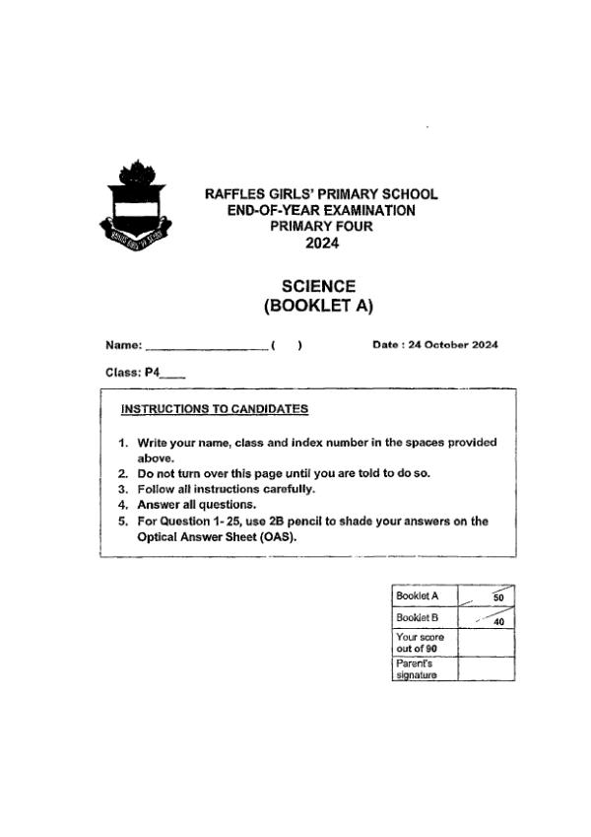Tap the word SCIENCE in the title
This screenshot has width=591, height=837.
click(x=318, y=286)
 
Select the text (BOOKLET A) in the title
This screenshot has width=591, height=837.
click(x=318, y=306)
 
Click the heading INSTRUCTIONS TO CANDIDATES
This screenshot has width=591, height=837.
click(x=214, y=408)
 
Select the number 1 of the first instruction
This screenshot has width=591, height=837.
click(x=123, y=443)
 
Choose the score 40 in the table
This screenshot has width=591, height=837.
click(x=497, y=622)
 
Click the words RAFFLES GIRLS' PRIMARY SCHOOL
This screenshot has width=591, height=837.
click(x=320, y=194)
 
